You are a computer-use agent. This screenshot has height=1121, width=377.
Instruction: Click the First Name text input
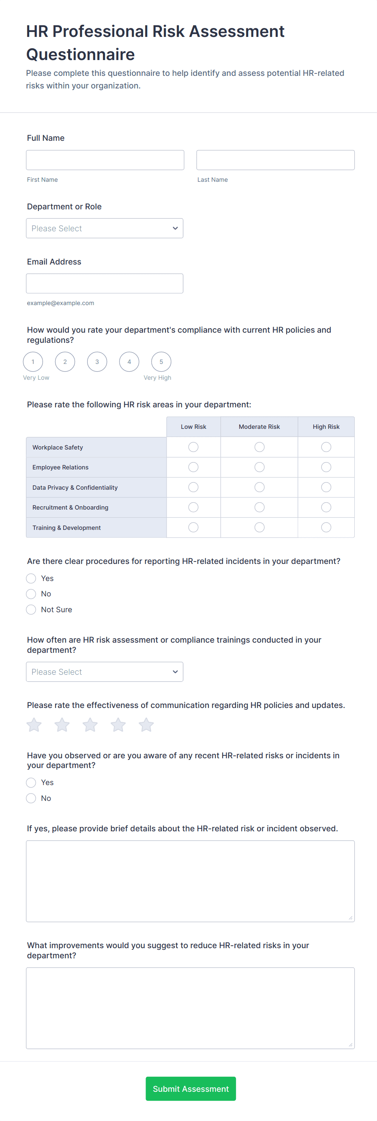click(105, 160)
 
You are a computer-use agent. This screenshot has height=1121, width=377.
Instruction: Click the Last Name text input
click(275, 160)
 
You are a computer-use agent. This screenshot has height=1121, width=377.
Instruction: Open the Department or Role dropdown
click(104, 228)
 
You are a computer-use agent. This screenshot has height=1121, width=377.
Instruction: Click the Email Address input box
click(104, 283)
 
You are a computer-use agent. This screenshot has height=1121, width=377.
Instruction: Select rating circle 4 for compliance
click(129, 361)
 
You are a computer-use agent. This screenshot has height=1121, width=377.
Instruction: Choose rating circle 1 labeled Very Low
click(33, 361)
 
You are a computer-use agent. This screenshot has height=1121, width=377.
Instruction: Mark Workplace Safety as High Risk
click(326, 447)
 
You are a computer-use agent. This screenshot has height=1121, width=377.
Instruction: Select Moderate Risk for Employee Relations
click(259, 467)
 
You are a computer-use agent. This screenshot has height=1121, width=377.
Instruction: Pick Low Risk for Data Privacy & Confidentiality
click(193, 487)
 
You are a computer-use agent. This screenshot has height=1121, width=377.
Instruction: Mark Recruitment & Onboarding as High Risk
click(326, 508)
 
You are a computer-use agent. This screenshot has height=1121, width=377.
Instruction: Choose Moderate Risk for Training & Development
click(259, 527)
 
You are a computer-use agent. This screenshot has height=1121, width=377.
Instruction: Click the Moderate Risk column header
click(259, 427)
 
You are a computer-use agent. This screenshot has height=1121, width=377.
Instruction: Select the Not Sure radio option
click(31, 610)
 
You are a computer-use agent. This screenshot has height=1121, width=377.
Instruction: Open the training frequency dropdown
click(104, 672)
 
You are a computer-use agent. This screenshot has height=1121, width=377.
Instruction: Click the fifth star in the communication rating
click(146, 725)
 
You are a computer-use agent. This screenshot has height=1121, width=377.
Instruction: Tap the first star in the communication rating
click(34, 725)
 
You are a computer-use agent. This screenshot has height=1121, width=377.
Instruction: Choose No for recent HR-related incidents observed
click(31, 798)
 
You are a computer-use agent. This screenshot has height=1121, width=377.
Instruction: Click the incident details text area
click(190, 881)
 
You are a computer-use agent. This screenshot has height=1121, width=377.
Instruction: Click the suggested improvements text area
click(190, 1008)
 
